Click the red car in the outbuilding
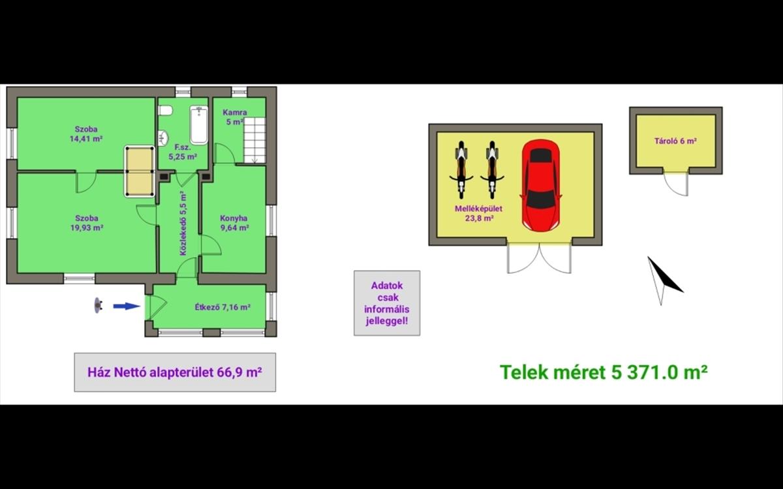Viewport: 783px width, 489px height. [541, 185]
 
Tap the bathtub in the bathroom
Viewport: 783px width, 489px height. [199, 125]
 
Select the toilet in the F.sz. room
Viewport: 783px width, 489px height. [165, 111]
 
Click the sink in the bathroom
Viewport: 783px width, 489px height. [163, 138]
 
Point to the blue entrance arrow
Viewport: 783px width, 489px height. [127, 306]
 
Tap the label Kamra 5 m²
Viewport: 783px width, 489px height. [234, 117]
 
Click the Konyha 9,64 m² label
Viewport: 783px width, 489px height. [234, 223]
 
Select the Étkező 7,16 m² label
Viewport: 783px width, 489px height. [223, 307]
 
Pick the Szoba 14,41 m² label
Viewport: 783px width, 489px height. [86, 134]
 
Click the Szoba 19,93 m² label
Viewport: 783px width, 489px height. [86, 223]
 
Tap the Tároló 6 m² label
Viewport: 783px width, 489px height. [675, 141]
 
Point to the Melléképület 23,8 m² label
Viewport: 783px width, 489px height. [478, 213]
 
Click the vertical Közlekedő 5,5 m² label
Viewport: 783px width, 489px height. [183, 223]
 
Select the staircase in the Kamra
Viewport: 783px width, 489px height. [254, 140]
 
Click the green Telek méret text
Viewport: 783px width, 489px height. [604, 372]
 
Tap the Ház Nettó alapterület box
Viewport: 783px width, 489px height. [175, 372]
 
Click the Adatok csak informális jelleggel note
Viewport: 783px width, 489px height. [387, 303]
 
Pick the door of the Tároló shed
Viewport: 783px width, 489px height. [676, 184]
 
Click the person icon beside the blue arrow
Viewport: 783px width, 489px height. [99, 306]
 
